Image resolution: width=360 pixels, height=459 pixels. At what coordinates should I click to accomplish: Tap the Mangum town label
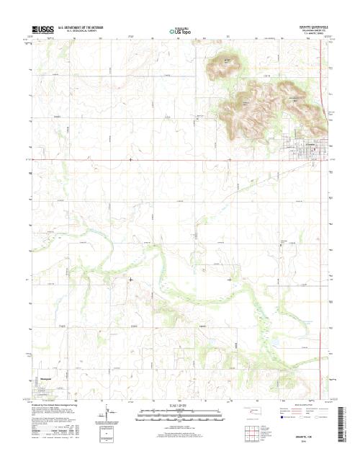point(44,376)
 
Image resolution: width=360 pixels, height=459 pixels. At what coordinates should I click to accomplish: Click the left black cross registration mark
point(130,279)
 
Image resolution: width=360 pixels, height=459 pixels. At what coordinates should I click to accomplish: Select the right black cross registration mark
point(230,279)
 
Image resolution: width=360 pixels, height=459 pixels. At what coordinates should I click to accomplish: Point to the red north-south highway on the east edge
point(321,108)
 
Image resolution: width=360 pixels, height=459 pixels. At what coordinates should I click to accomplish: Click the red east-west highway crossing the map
point(180,160)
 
